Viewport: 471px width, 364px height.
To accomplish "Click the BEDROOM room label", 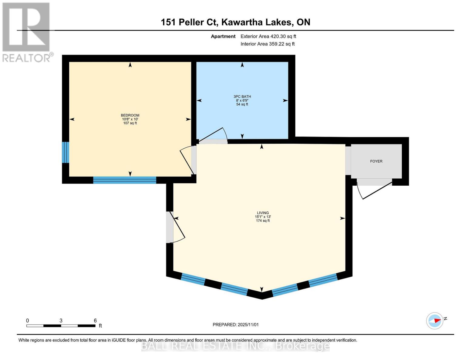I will point(130,115).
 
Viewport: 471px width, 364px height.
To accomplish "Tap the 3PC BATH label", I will point(242,96).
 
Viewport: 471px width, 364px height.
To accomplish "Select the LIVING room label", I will point(263,213).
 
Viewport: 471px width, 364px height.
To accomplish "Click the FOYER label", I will point(376,161).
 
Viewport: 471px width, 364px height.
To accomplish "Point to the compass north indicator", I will point(435,321).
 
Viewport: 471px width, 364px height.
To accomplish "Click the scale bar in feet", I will point(61,325).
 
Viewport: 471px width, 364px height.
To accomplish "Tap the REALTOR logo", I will point(27,32).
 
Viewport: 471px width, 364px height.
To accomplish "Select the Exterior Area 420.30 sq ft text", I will point(268,36).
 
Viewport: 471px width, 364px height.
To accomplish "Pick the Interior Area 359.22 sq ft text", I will point(267,44).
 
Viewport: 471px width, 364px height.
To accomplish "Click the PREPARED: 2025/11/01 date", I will point(236,325).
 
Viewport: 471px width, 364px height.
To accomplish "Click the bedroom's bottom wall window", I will point(125,180).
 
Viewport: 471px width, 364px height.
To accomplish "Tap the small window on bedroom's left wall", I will point(66,152).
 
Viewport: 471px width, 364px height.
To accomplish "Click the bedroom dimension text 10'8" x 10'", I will point(130,119).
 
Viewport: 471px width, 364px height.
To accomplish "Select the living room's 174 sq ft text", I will point(263,221).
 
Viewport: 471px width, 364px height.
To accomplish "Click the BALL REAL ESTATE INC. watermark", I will point(235,346).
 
